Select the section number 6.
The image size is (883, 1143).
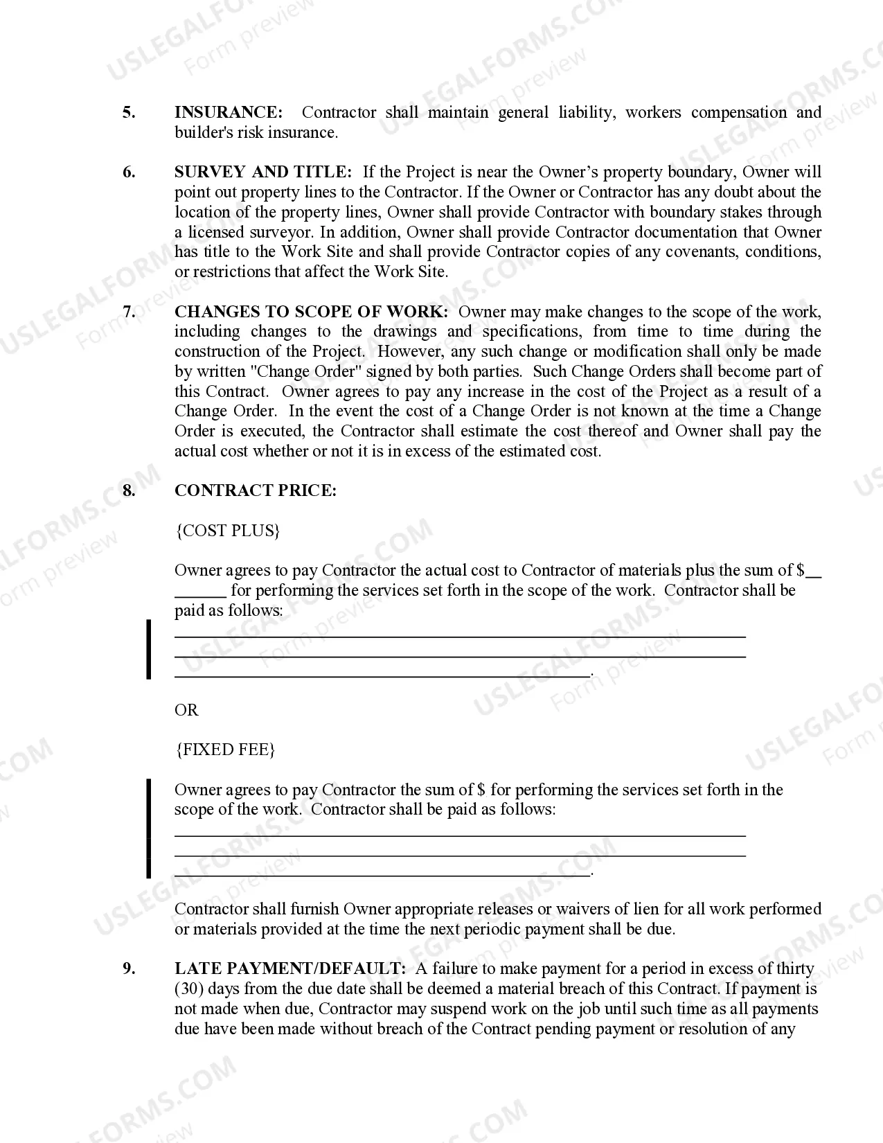pyautogui.click(x=130, y=172)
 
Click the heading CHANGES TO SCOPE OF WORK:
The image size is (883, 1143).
pyautogui.click(x=311, y=312)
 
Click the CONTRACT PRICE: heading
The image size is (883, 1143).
pyautogui.click(x=256, y=490)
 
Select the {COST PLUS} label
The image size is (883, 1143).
pyautogui.click(x=228, y=531)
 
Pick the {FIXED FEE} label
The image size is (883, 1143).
pyautogui.click(x=225, y=750)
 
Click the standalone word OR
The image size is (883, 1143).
pyautogui.click(x=186, y=710)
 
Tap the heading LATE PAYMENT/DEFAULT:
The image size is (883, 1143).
pyautogui.click(x=289, y=968)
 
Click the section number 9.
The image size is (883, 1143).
pyautogui.click(x=130, y=968)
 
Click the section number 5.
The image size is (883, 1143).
pyautogui.click(x=130, y=112)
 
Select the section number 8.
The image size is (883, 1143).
pyautogui.click(x=130, y=490)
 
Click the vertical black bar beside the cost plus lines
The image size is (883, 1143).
pyautogui.click(x=148, y=650)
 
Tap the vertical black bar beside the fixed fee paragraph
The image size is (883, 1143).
pyautogui.click(x=148, y=829)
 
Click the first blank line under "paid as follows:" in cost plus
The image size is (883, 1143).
pyautogui.click(x=460, y=636)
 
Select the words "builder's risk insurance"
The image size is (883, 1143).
pyautogui.click(x=256, y=132)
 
